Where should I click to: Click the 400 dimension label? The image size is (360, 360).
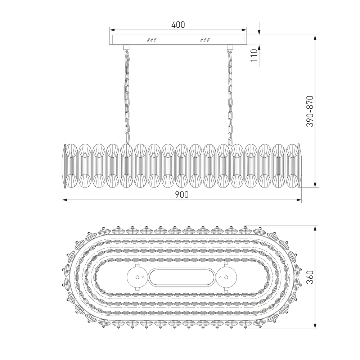coord(178,25)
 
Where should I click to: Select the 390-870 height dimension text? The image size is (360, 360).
coord(310,111)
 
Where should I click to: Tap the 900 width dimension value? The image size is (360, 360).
coord(182,195)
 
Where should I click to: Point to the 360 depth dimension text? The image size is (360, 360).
coord(310,277)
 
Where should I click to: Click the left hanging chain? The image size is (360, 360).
coord(127,94)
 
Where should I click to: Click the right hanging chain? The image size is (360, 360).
coord(229,94)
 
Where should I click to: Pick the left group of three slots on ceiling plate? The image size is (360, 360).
coord(152,40)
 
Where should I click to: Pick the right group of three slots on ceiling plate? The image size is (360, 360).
coord(205,40)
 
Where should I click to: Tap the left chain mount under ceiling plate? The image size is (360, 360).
coord(126,47)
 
